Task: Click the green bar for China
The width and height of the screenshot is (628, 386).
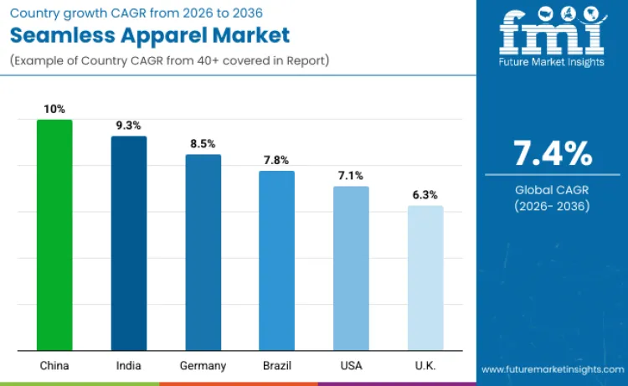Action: (54, 234)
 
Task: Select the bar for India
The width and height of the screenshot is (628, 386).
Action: (129, 243)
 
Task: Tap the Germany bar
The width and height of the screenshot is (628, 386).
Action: (203, 252)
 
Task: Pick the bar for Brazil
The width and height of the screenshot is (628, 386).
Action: (276, 260)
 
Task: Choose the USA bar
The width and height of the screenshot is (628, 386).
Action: (351, 268)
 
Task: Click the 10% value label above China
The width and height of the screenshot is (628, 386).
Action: (54, 109)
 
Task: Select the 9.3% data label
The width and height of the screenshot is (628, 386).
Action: (129, 125)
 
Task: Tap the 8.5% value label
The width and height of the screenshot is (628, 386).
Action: (203, 143)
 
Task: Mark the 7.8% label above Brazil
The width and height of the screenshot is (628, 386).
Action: (276, 160)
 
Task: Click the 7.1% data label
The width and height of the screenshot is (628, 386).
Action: (351, 175)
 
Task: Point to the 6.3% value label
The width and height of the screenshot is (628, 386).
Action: (425, 194)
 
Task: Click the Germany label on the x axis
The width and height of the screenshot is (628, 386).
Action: (203, 366)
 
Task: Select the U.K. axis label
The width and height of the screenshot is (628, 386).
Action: (425, 366)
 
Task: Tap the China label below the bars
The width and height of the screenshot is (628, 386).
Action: (54, 366)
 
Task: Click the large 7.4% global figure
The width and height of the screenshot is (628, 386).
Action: (553, 154)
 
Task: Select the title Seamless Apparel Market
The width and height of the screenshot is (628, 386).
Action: (150, 35)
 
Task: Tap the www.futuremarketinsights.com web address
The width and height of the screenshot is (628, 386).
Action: (552, 369)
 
